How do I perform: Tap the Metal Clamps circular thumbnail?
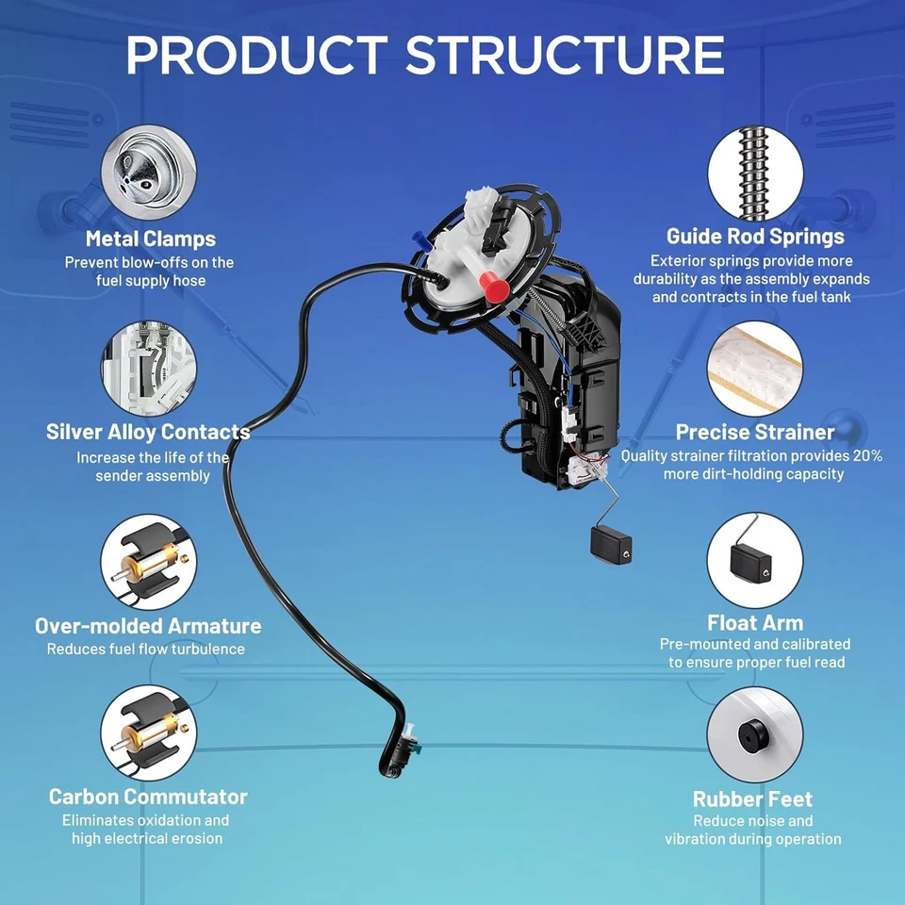coord(149,173)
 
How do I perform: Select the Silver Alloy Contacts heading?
coord(148,433)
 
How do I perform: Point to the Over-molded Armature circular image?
coord(149,561)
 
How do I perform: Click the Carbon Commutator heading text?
coord(148,797)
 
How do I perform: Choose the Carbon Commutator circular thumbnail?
coord(149,732)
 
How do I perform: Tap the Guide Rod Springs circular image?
coord(755,173)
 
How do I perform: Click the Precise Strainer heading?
coord(755,433)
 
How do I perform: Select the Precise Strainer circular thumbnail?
coord(755,369)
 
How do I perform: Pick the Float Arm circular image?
coord(755,561)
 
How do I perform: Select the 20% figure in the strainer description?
coord(864,455)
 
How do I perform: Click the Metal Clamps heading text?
coord(150,239)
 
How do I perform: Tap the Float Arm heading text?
coord(755,623)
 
